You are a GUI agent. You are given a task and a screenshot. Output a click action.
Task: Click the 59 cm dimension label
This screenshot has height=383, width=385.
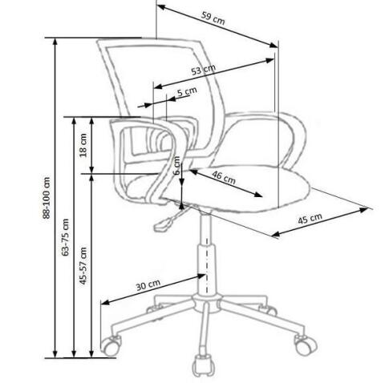[213, 18]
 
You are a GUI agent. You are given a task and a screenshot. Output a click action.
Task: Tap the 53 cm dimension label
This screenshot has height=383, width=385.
[203, 70]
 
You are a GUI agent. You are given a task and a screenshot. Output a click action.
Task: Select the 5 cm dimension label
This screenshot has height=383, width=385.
[187, 91]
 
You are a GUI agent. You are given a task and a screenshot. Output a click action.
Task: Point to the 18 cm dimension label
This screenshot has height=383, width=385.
[83, 145]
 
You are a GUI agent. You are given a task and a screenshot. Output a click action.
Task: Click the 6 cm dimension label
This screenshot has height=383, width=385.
[176, 166]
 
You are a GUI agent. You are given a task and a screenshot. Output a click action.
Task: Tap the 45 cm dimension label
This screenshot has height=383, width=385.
[310, 219]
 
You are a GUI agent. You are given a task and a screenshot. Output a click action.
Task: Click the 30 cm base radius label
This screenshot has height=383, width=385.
[148, 285]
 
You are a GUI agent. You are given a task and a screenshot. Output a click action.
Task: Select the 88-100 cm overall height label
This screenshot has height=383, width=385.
[47, 198]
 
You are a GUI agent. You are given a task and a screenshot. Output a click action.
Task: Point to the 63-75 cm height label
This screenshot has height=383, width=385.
[65, 237]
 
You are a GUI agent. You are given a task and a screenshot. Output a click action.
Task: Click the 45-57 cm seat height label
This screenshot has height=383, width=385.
[83, 266]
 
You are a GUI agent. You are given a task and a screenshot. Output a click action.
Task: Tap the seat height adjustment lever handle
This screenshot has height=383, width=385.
[164, 224]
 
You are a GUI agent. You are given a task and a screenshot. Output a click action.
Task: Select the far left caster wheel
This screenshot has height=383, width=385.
[111, 346]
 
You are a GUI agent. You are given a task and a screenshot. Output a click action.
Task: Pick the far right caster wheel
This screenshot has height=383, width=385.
[306, 345]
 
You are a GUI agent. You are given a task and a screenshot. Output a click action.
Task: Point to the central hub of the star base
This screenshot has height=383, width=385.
[206, 304]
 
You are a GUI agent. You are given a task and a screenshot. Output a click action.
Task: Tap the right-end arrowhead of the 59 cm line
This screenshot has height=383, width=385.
[274, 45]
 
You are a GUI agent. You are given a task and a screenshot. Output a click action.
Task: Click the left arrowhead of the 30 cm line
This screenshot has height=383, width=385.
[106, 302]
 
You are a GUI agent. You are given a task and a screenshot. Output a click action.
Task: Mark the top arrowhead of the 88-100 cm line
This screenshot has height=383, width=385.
[55, 42]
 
